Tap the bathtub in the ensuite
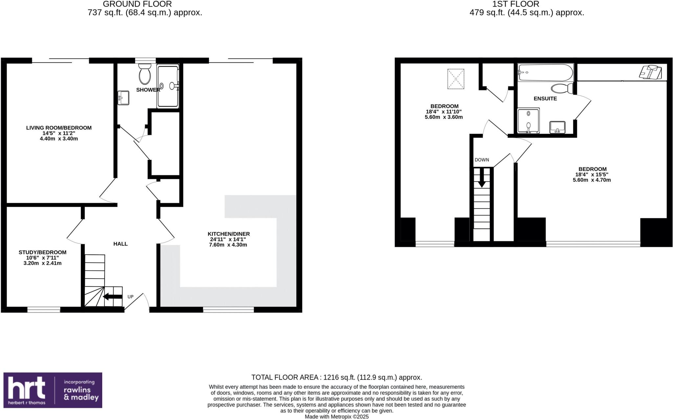coord(545,72)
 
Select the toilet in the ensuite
coord(562,88)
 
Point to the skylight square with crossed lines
coord(456,79)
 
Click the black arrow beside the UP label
coord(113,297)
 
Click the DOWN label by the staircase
coord(482,160)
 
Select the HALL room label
coord(120,244)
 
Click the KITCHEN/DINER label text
coord(229,234)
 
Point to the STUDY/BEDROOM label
coord(42,252)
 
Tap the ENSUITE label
coord(545,99)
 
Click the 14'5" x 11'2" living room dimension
coord(59,133)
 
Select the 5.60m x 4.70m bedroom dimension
coord(592,180)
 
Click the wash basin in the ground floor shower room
coord(124,98)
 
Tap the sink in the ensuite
coord(557,127)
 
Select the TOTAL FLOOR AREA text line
coord(336,377)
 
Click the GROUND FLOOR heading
coord(137,4)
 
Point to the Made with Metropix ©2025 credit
coord(336,417)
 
